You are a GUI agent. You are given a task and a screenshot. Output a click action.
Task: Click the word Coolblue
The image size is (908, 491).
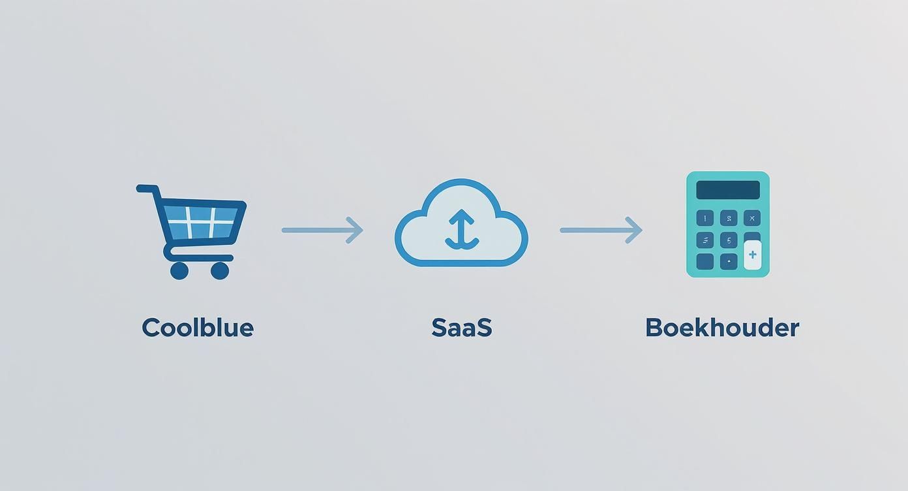pyautogui.click(x=198, y=328)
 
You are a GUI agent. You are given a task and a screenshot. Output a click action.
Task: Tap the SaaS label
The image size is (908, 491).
pyautogui.click(x=462, y=328)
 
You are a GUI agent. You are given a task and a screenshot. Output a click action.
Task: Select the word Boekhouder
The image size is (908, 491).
pyautogui.click(x=722, y=328)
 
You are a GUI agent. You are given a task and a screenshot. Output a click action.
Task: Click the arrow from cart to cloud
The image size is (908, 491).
pyautogui.click(x=322, y=230)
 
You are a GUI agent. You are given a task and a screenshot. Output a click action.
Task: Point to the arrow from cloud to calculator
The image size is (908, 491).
pyautogui.click(x=601, y=230)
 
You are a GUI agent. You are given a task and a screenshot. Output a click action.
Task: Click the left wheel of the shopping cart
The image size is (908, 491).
pyautogui.click(x=179, y=271)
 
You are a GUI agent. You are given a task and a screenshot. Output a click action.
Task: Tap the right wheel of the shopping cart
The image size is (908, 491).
pyautogui.click(x=220, y=271)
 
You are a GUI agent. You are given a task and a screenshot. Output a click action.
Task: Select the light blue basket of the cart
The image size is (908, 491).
pyautogui.click(x=200, y=222)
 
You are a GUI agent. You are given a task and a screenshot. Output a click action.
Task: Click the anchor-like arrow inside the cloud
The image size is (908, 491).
pyautogui.click(x=462, y=229)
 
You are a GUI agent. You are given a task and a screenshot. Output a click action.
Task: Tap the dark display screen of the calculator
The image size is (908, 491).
pyautogui.click(x=728, y=190)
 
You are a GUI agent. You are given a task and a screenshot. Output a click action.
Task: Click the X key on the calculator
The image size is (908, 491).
pyautogui.click(x=752, y=218)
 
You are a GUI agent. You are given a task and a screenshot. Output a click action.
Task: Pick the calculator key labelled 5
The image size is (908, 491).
pyautogui.click(x=729, y=240)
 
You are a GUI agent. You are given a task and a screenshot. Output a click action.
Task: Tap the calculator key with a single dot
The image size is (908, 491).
pyautogui.click(x=729, y=262)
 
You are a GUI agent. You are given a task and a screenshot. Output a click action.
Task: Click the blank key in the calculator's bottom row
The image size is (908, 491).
pyautogui.click(x=705, y=262)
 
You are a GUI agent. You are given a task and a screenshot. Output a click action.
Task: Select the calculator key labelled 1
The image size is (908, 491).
pyautogui.click(x=705, y=218)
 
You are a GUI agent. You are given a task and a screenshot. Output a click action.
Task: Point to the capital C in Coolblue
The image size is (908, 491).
pyautogui.click(x=151, y=328)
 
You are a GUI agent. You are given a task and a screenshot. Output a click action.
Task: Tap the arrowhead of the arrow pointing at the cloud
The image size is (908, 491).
pyautogui.click(x=355, y=230)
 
